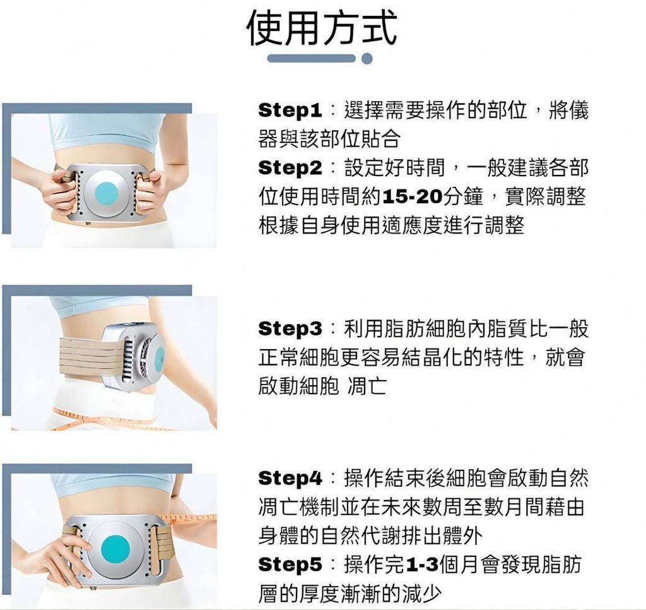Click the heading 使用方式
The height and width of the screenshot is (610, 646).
point(322,27)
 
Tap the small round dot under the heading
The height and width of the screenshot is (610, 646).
point(367,59)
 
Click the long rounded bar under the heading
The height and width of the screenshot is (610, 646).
point(311,59)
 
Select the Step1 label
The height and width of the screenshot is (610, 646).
point(290,111)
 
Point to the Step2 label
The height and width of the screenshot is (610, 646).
point(290,168)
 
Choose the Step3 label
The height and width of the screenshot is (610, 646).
point(290,329)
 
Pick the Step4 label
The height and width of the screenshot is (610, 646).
point(290,479)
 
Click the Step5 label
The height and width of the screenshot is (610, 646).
point(290,565)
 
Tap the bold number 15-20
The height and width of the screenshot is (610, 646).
point(413,198)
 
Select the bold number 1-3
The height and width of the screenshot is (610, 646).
point(422,565)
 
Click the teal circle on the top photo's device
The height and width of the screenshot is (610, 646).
point(107,194)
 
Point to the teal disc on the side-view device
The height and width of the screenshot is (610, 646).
point(159,358)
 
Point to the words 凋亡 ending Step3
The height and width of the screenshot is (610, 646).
point(367,386)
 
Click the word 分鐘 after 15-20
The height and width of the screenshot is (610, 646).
point(462,198)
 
